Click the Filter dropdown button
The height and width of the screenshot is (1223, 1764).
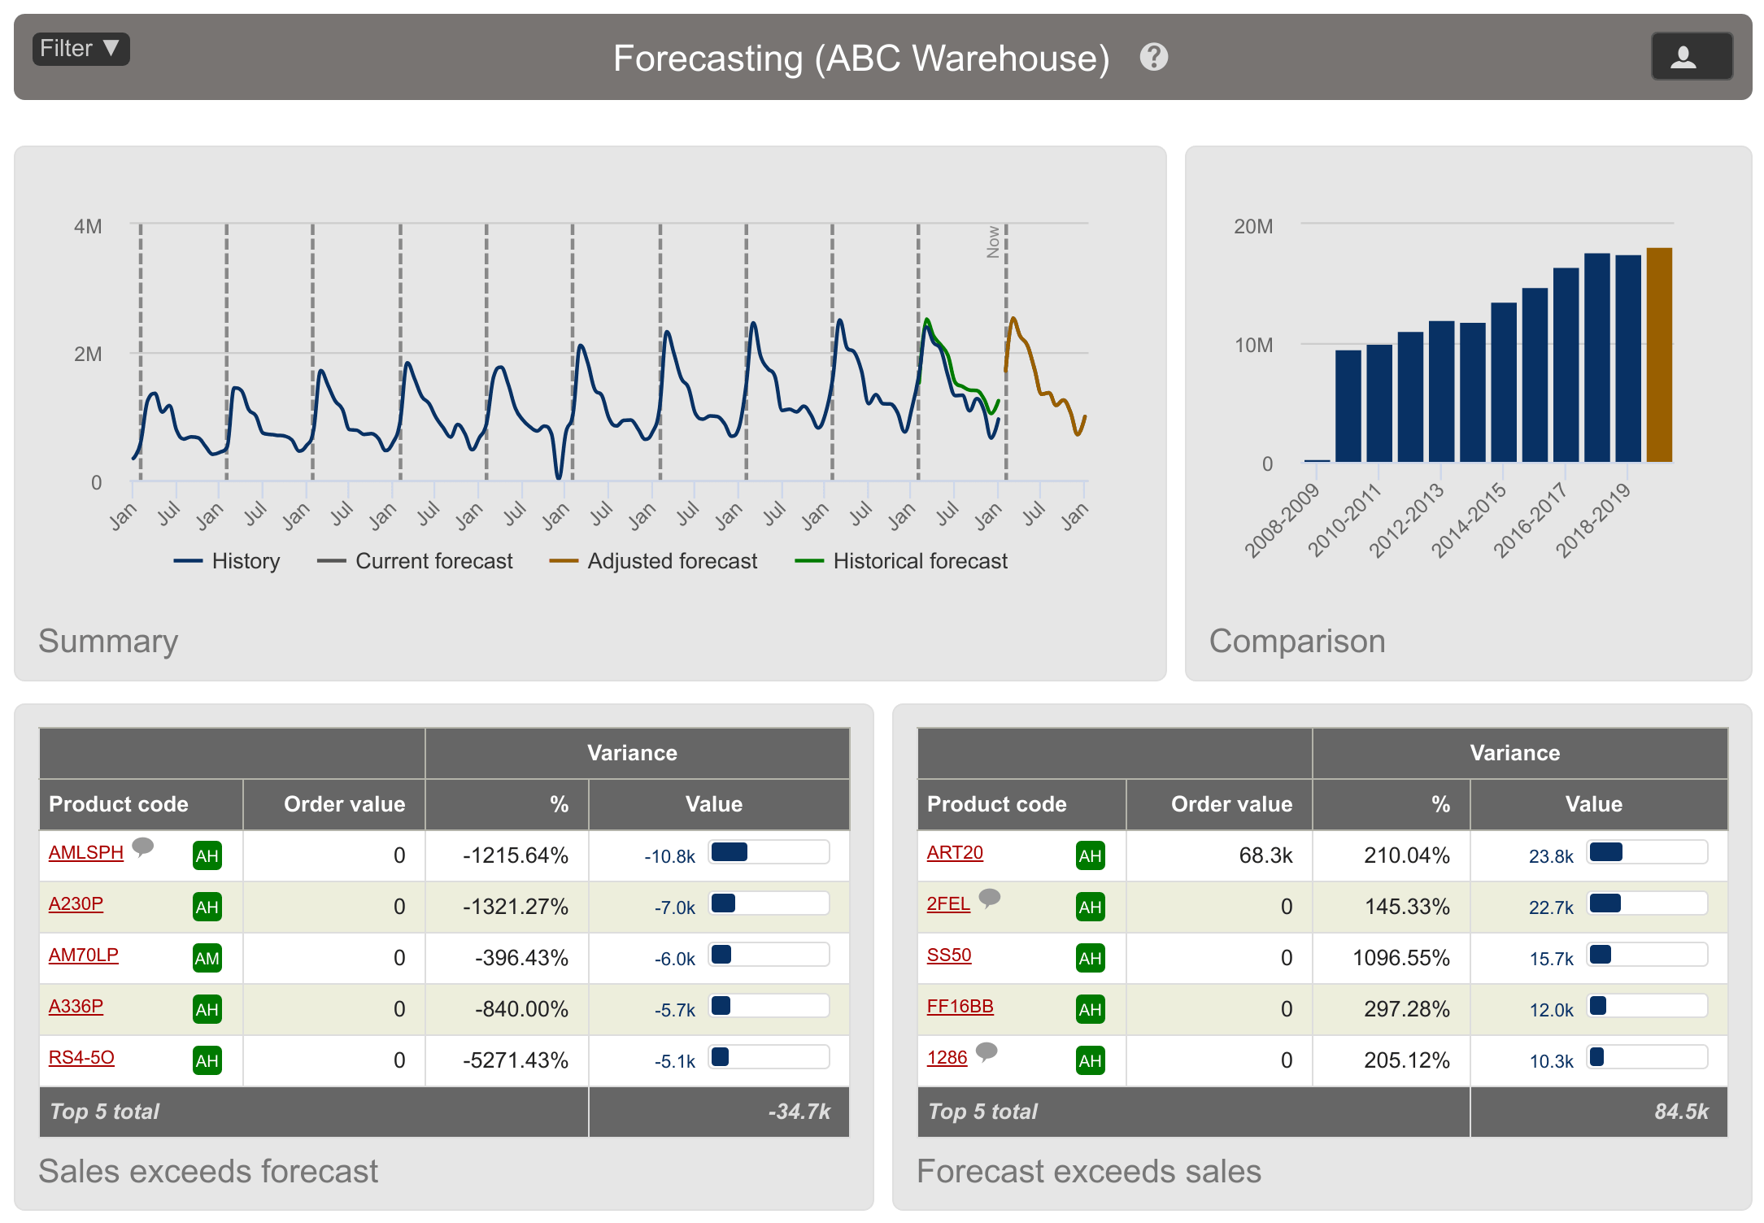pyautogui.click(x=81, y=49)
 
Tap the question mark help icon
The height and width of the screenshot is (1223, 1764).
pyautogui.click(x=1153, y=57)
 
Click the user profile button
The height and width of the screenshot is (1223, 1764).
pyautogui.click(x=1691, y=57)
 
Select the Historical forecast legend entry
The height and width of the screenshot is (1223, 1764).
pyautogui.click(x=902, y=561)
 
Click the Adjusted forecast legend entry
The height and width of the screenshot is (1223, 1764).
pyautogui.click(x=654, y=561)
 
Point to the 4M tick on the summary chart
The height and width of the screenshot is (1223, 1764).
pyautogui.click(x=88, y=226)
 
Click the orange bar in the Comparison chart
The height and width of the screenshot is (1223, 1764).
pyautogui.click(x=1659, y=355)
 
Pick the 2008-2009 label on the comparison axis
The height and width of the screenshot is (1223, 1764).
pyautogui.click(x=1282, y=520)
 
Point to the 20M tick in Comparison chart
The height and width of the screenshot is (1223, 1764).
pyautogui.click(x=1253, y=226)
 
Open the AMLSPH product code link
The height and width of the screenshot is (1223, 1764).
pyautogui.click(x=85, y=852)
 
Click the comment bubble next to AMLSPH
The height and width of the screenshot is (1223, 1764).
pyautogui.click(x=143, y=847)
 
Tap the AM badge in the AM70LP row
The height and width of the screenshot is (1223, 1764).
pyautogui.click(x=207, y=958)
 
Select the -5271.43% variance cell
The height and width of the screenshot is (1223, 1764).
pyautogui.click(x=515, y=1060)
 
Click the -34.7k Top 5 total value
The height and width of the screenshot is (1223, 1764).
pyautogui.click(x=799, y=1112)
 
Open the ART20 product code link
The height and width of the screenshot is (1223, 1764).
pyautogui.click(x=955, y=852)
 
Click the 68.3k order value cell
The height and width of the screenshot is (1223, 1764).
pyautogui.click(x=1265, y=855)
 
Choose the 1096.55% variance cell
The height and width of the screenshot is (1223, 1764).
pyautogui.click(x=1400, y=958)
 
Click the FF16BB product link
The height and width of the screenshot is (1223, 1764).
pyautogui.click(x=960, y=1006)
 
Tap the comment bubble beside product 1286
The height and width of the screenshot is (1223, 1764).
pyautogui.click(x=987, y=1051)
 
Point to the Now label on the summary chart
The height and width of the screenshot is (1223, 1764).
pyautogui.click(x=993, y=242)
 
